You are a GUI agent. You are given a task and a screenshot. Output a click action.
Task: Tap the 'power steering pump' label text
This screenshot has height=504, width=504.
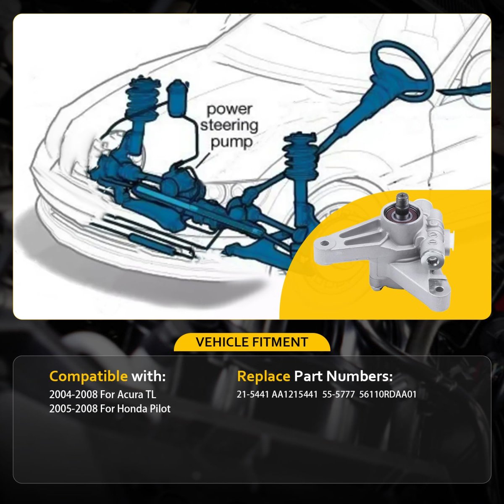pyautogui.click(x=229, y=126)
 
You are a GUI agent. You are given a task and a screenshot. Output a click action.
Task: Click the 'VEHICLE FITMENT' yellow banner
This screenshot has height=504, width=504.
pyautogui.click(x=252, y=342)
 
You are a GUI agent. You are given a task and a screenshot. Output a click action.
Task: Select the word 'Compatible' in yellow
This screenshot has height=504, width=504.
pyautogui.click(x=88, y=377)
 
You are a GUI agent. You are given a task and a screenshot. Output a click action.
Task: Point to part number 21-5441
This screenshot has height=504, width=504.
pyautogui.click(x=253, y=394)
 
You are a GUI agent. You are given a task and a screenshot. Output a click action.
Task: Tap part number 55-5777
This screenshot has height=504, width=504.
pyautogui.click(x=339, y=394)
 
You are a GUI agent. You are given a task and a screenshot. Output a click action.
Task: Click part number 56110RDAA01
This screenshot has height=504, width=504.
pyautogui.click(x=388, y=394)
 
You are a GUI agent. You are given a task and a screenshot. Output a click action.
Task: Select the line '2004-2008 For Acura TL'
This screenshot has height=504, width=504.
pyautogui.click(x=102, y=394)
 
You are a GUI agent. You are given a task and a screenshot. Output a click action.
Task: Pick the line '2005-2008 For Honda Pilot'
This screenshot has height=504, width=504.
pyautogui.click(x=110, y=409)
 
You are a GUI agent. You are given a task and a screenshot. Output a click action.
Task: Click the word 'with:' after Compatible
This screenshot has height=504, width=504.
pyautogui.click(x=148, y=377)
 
